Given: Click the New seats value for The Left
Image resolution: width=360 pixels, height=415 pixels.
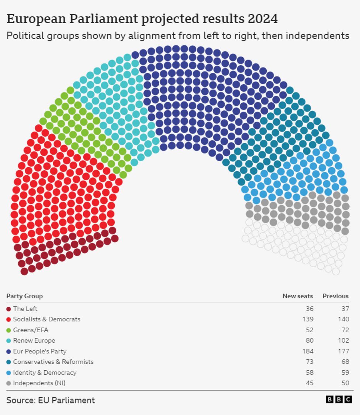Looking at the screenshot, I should [309, 309].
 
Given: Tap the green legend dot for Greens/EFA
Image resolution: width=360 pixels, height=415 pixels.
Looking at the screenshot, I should [9, 330].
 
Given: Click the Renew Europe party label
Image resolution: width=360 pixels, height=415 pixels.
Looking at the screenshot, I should [34, 340].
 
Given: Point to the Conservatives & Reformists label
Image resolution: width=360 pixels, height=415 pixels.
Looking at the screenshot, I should [53, 362].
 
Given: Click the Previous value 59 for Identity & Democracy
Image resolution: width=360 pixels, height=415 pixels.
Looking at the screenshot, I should [345, 373].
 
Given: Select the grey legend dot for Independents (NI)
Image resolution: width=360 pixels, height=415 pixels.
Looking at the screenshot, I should [9, 383].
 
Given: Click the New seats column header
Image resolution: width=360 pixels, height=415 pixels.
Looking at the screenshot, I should [298, 296].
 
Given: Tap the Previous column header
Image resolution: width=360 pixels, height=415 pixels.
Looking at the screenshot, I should [335, 296].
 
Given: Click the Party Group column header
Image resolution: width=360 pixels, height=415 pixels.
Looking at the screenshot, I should [24, 296].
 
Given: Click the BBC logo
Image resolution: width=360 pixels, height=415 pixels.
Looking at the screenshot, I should [339, 399].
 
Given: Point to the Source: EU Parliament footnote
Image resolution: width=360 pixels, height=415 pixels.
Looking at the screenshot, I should [51, 400].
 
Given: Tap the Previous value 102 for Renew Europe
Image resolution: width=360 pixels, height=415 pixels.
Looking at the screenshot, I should [343, 340].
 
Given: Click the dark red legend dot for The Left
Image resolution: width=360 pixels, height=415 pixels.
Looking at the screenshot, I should [9, 309].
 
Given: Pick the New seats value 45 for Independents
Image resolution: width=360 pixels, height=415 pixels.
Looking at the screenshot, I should [309, 383].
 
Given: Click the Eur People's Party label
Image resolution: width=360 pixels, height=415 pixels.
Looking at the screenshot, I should [40, 351].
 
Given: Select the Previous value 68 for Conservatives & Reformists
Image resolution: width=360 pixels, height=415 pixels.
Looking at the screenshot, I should [345, 362].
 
